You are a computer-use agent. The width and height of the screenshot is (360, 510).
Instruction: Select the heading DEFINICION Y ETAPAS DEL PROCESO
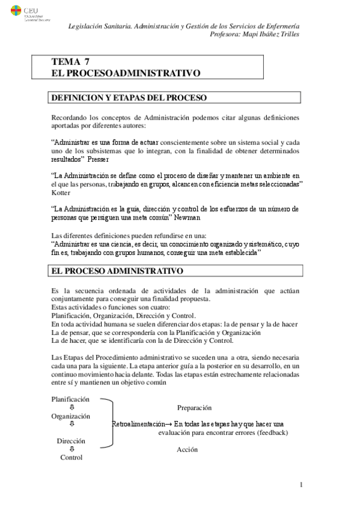click(129, 97)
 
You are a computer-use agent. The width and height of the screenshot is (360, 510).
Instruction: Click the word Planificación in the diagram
click(70, 399)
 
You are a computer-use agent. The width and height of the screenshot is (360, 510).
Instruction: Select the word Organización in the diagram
click(70, 416)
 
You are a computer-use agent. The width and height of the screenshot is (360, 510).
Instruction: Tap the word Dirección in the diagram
click(71, 441)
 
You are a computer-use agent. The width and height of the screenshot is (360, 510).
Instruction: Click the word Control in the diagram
click(71, 457)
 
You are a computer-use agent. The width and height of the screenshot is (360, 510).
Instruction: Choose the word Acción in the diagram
click(188, 449)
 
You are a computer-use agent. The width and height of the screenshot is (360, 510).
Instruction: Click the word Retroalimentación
click(141, 424)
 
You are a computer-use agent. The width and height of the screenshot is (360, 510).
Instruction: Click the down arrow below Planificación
click(72, 407)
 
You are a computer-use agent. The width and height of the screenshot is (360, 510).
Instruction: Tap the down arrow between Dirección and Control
click(72, 449)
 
